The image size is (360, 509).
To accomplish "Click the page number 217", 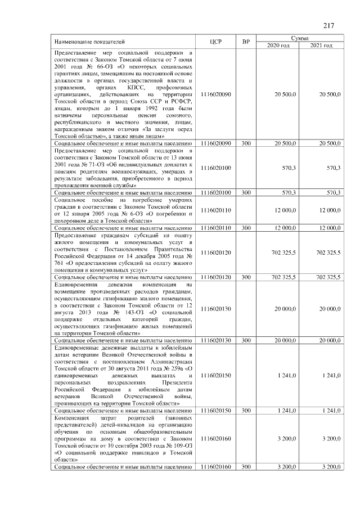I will coord(329,24).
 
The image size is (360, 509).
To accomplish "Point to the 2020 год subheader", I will coord(278,46).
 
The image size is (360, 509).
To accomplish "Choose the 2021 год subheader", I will coord(321,46).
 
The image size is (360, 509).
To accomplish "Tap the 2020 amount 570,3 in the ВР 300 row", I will coord(288,193).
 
